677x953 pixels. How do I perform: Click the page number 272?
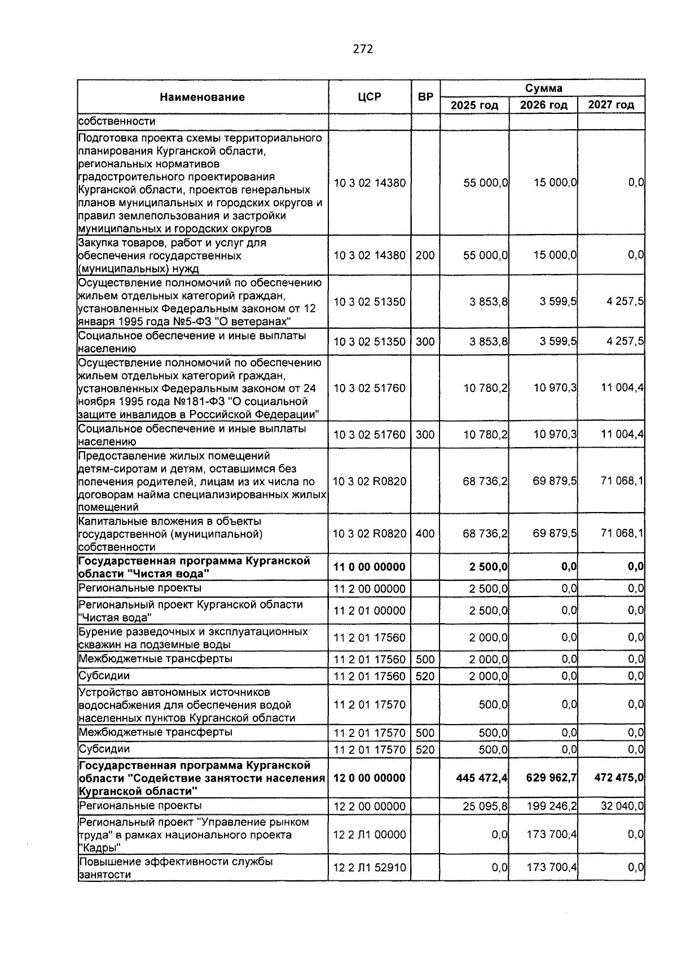tap(363, 49)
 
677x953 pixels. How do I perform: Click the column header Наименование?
tap(202, 97)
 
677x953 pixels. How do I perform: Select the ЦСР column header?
tap(370, 96)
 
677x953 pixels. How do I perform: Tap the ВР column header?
tap(425, 96)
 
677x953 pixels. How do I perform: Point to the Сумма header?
tap(543, 88)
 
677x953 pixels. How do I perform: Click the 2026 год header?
tap(543, 105)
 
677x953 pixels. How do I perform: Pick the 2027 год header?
tap(611, 105)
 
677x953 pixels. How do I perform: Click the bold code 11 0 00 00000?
tap(370, 567)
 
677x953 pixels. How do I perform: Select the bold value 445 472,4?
tap(482, 778)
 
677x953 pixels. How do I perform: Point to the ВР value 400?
tap(425, 533)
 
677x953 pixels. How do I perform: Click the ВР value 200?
tap(425, 255)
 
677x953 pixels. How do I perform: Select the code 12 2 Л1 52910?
tap(370, 868)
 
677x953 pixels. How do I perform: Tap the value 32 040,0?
tap(622, 806)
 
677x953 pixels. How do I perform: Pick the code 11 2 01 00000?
tap(370, 611)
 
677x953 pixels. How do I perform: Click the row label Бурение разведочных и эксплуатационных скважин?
tap(193, 638)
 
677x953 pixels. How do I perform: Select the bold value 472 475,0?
tap(618, 778)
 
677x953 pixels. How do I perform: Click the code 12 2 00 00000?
tap(370, 806)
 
